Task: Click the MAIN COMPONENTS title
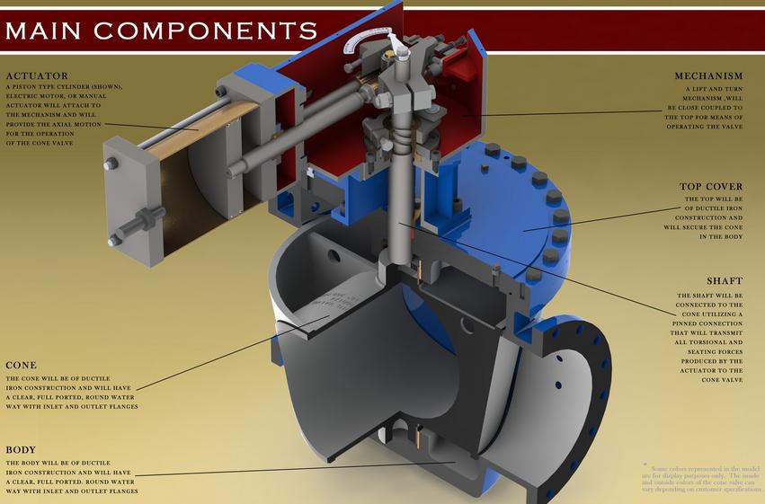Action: [x=161, y=30]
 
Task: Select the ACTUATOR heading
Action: [x=37, y=75]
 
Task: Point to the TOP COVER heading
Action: [x=711, y=187]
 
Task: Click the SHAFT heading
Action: [x=724, y=281]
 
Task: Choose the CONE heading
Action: [x=22, y=366]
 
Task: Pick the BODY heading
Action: [x=22, y=449]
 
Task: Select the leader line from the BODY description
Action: [x=297, y=468]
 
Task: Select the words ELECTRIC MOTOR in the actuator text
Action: [x=38, y=96]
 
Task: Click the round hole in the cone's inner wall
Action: [x=334, y=257]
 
